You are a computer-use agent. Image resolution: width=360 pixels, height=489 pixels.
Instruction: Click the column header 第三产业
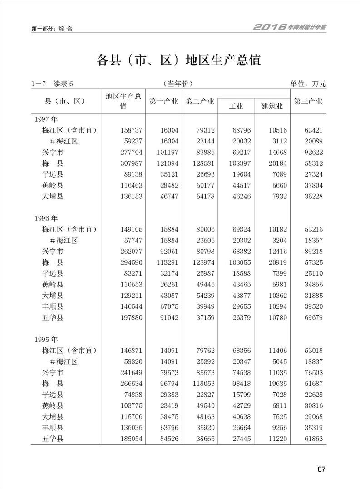click(x=308, y=101)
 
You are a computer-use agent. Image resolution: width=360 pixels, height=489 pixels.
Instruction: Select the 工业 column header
click(x=236, y=106)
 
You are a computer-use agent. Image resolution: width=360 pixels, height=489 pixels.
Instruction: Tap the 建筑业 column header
click(x=272, y=106)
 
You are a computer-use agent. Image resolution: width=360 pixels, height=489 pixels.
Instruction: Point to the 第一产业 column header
click(x=163, y=101)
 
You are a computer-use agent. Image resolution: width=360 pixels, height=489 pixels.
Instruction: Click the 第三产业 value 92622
click(x=312, y=152)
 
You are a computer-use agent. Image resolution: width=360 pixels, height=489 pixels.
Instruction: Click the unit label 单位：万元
click(x=308, y=84)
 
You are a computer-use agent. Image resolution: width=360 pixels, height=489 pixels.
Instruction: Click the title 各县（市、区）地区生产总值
click(x=179, y=60)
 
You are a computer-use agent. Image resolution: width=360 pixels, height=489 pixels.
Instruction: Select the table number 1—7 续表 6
click(x=52, y=84)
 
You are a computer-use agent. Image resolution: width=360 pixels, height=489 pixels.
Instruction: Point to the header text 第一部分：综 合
click(x=52, y=28)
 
